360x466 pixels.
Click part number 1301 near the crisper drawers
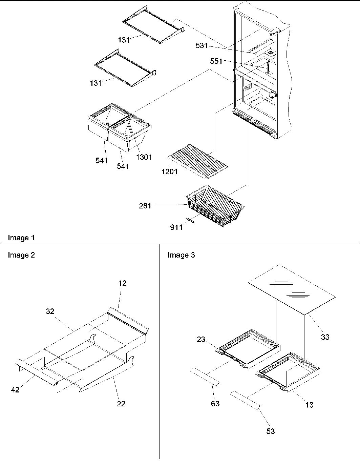(x=144, y=157)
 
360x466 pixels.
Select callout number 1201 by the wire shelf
(x=170, y=171)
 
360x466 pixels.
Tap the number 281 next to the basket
(x=145, y=205)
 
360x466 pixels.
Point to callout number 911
(x=176, y=227)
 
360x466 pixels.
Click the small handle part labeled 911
(x=190, y=220)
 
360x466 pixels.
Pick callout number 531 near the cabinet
(x=202, y=45)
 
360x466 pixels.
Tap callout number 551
(x=216, y=61)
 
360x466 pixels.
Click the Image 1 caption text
(x=21, y=238)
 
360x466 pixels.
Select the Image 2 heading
(x=21, y=255)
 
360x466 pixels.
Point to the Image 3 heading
(x=181, y=255)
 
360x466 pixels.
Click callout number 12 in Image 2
(x=123, y=283)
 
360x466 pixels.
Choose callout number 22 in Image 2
(x=121, y=403)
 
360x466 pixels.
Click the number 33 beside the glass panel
(x=325, y=337)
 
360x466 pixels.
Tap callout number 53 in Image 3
(x=271, y=431)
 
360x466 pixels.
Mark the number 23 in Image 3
(x=201, y=339)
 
